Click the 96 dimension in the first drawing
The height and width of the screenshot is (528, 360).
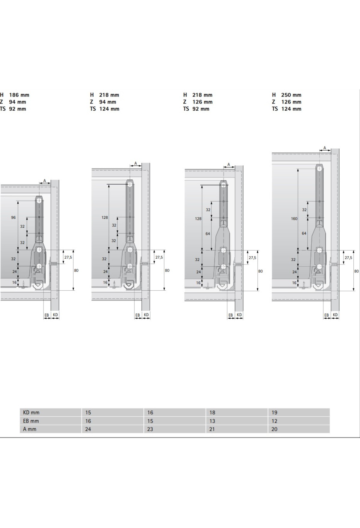coord(13,217)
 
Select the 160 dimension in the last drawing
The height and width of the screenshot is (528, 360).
coord(294,219)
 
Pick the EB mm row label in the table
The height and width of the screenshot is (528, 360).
coord(31,421)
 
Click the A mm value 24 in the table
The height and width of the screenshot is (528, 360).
coord(88,429)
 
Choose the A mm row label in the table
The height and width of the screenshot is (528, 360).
coord(30,429)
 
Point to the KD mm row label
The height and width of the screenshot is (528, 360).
coord(31,412)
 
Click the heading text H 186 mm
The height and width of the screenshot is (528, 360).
coord(15,95)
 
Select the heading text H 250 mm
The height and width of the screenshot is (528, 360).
coord(286,95)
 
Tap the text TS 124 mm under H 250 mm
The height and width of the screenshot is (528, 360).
coord(286,109)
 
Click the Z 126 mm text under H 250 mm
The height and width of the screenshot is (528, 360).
coord(286,102)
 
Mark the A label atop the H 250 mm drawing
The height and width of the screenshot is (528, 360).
coord(325,148)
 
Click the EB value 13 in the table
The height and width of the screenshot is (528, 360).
coord(212,421)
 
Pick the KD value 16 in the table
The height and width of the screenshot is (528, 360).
coord(150,412)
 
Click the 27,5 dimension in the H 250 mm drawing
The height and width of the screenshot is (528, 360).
coord(348,258)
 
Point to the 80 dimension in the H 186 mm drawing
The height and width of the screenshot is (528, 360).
coord(76,270)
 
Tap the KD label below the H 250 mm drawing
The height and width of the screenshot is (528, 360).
coord(335,315)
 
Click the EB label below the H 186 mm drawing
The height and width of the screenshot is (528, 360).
coord(47,315)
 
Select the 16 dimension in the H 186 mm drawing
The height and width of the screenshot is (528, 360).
coord(14,282)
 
